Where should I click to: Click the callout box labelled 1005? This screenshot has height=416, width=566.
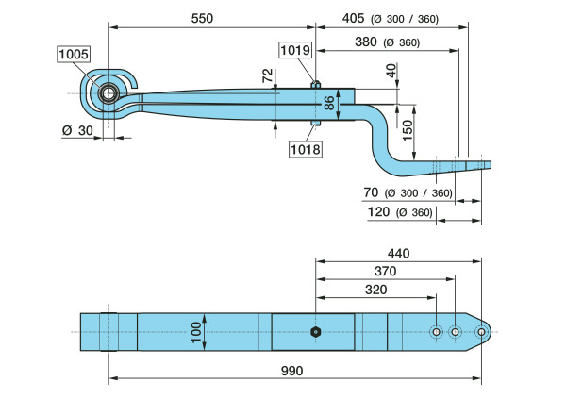pos(73,55)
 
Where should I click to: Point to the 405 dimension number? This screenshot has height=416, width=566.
pos(353,17)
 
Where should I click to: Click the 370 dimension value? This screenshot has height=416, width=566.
pos(387,272)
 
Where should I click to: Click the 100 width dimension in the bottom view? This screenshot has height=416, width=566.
pos(196,331)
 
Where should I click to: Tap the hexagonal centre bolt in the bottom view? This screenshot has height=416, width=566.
pos(314,332)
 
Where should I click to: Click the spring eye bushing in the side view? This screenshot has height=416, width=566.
pos(107,93)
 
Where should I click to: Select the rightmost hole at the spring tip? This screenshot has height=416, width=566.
pos(481,332)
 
